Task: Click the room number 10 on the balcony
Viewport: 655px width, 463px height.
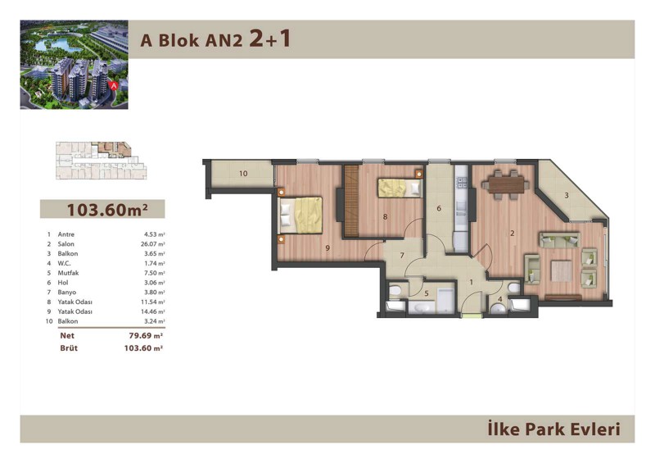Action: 243,173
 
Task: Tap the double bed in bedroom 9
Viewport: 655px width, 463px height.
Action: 300,216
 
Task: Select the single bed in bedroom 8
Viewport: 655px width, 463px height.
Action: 400,188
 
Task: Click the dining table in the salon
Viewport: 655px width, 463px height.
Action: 505,184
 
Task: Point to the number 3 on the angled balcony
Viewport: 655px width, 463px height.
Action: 567,195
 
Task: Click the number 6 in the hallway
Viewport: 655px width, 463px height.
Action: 439,208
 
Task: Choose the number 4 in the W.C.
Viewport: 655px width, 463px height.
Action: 500,299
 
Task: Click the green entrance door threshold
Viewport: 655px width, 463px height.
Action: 472,315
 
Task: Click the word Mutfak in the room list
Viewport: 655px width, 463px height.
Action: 68,273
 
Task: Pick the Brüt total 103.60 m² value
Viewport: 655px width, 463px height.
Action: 142,348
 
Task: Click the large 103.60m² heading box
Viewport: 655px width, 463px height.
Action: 102,209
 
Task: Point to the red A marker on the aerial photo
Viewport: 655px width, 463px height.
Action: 113,85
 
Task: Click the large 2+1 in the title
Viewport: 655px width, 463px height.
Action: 269,39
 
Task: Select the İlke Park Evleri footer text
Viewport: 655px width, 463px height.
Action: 554,429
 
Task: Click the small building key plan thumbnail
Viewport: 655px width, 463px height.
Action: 101,161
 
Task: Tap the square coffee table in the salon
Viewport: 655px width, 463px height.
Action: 562,271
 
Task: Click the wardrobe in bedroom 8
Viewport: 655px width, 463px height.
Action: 352,201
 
